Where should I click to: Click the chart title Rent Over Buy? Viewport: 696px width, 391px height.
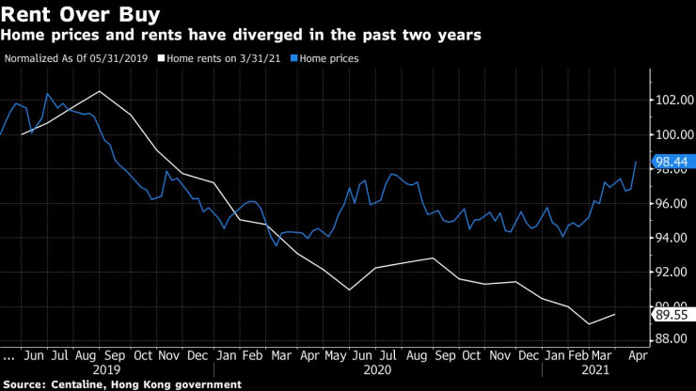point(81,15)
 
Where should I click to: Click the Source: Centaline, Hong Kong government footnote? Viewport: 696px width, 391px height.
point(121,384)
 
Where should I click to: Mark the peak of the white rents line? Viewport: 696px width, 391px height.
point(99,91)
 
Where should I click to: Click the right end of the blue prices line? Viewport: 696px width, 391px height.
point(637,162)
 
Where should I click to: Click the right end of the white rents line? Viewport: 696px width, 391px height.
point(616,315)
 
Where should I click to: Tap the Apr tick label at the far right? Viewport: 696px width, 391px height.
point(637,357)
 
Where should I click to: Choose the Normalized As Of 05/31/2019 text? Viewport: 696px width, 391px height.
point(75,57)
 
